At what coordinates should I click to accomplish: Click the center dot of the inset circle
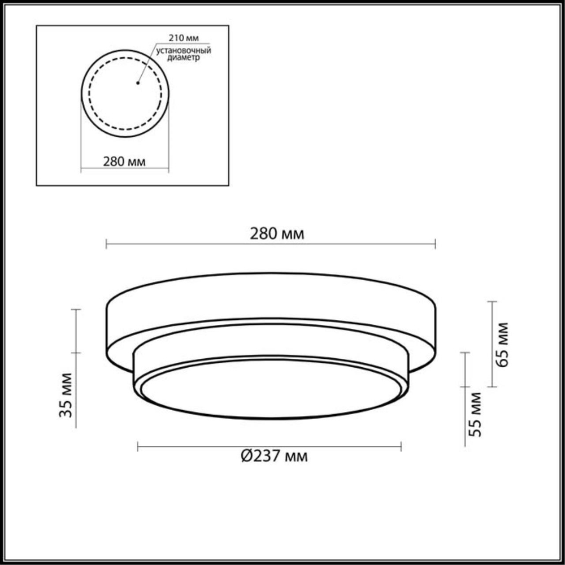(x=138, y=84)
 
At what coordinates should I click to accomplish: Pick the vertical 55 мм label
(x=476, y=414)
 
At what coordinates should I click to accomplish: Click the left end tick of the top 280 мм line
(x=107, y=244)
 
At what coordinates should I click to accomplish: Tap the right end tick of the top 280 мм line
(x=435, y=244)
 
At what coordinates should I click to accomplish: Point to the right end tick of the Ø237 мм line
(x=401, y=447)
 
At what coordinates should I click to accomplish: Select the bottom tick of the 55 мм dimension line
(x=465, y=446)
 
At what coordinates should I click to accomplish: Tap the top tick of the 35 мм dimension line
(x=76, y=310)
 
